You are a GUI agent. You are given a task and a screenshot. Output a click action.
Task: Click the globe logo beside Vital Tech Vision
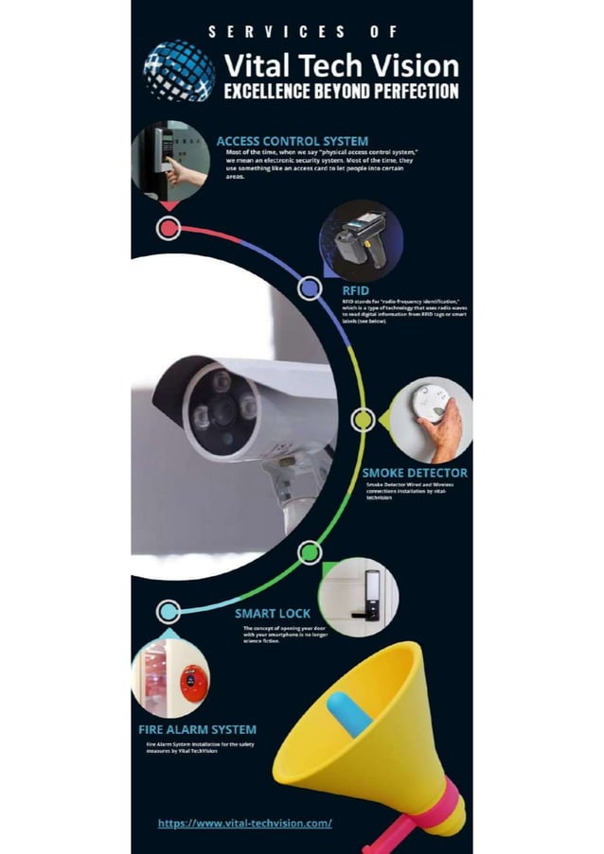(179, 70)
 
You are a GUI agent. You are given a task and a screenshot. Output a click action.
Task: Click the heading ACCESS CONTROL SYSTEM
(292, 142)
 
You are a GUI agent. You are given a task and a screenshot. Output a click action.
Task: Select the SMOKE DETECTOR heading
(415, 472)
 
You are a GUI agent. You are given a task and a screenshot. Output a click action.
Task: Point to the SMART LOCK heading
(273, 614)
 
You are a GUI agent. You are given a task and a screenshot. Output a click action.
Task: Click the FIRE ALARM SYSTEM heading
(197, 729)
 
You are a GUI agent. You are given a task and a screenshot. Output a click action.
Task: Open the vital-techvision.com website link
(244, 823)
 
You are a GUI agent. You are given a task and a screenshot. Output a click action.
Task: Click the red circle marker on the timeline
(169, 228)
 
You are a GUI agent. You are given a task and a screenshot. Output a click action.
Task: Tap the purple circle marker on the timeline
(309, 288)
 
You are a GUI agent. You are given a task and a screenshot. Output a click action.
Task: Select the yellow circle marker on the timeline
(363, 420)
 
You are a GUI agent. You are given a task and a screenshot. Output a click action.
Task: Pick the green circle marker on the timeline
(309, 552)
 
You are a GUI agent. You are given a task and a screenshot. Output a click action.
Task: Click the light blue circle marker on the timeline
(169, 612)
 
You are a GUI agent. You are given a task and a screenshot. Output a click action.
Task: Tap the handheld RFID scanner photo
(360, 239)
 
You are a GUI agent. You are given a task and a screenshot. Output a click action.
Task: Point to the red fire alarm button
(193, 682)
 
